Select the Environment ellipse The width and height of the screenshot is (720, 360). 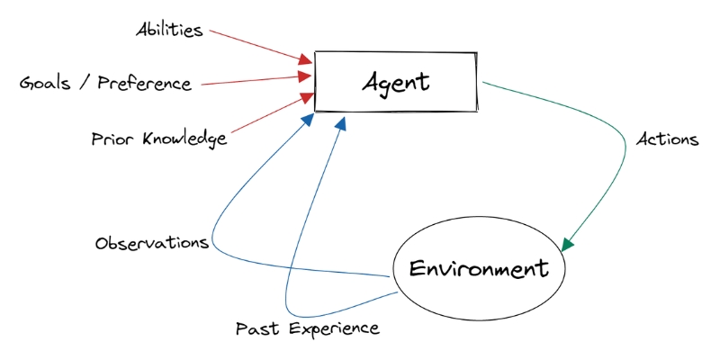[479, 268]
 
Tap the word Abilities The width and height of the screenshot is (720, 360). [169, 30]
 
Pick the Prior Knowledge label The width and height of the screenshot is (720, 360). [158, 139]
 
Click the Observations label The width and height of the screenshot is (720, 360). [152, 243]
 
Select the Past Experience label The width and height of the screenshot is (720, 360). [307, 328]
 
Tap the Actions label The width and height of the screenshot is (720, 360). [667, 139]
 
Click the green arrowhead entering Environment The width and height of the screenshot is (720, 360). [568, 243]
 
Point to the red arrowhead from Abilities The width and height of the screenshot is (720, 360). [307, 59]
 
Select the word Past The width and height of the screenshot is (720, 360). [252, 328]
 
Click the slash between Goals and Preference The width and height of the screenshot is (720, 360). [84, 84]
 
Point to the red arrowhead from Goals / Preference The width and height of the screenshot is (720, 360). [307, 77]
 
